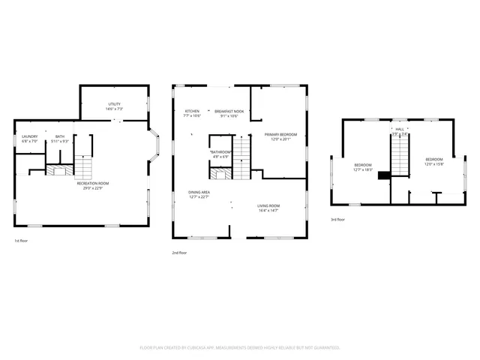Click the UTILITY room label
(115, 104)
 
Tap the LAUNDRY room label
(29, 136)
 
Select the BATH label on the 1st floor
(60, 136)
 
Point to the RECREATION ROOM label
(93, 183)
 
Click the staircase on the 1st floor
(84, 166)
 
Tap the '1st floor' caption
(22, 241)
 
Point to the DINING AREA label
(199, 193)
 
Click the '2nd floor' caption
(180, 253)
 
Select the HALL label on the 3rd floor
(400, 129)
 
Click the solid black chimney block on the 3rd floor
(384, 175)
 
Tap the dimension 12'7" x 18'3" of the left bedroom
(363, 169)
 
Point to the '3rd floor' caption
(338, 220)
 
